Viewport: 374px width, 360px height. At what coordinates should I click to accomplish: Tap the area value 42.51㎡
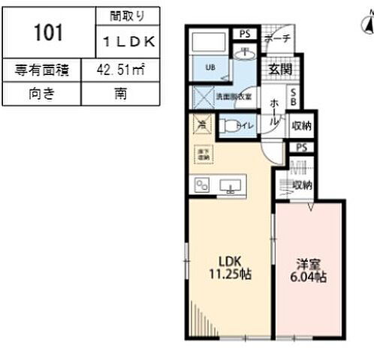tap(125, 71)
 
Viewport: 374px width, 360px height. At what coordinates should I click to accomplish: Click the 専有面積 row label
tap(43, 71)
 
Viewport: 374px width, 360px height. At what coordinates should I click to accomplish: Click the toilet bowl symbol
tap(231, 125)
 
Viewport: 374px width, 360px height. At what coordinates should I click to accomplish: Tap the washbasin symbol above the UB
tap(246, 53)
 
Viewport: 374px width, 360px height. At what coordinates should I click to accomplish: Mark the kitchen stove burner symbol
tap(203, 185)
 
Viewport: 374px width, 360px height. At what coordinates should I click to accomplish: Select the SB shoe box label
tap(294, 97)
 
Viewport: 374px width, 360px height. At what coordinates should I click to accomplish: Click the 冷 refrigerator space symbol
tap(202, 125)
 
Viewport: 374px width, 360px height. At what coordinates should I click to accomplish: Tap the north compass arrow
tap(366, 27)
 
